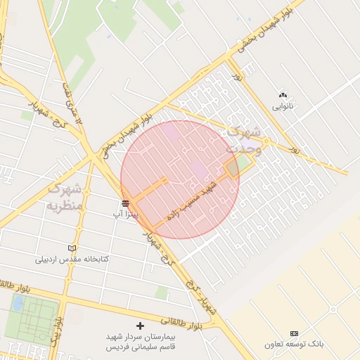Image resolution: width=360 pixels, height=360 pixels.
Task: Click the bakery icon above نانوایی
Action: pyautogui.click(x=283, y=95)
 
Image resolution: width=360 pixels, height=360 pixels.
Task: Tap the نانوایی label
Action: pyautogui.click(x=283, y=107)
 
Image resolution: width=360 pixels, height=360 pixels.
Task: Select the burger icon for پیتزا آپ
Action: pyautogui.click(x=125, y=202)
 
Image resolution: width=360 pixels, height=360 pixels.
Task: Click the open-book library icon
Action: pyautogui.click(x=71, y=248)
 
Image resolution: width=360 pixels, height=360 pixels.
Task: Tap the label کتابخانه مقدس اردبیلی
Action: pyautogui.click(x=72, y=259)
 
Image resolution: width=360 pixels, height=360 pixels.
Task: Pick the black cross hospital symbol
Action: pyautogui.click(x=140, y=326)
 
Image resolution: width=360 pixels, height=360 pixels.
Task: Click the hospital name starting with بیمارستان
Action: pyautogui.click(x=139, y=342)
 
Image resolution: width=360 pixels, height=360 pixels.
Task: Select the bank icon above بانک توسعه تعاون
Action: pyautogui.click(x=294, y=333)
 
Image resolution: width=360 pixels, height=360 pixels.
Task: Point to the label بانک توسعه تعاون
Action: pyautogui.click(x=295, y=345)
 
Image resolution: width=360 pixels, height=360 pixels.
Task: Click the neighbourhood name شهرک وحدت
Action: pyautogui.click(x=243, y=139)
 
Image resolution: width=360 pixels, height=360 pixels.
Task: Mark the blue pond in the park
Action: pyautogui.click(x=18, y=304)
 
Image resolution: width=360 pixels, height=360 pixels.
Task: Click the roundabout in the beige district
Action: pyautogui.click(x=333, y=308)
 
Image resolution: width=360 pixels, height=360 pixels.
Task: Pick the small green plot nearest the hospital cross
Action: pyautogui.click(x=161, y=292)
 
